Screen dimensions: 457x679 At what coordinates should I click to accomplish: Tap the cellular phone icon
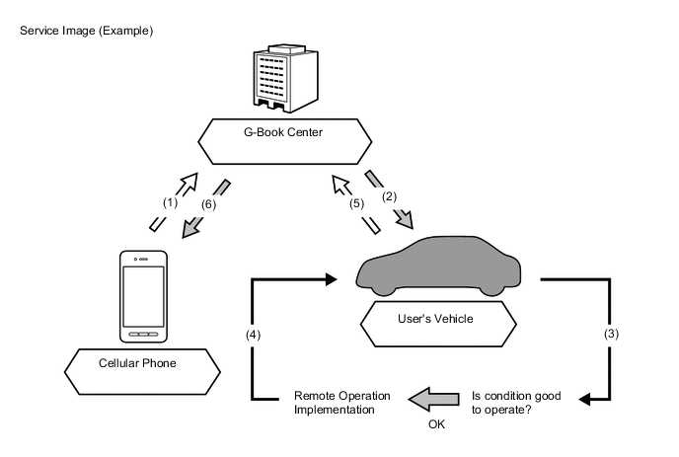[145, 295]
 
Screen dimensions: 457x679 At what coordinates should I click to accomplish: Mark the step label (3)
[612, 333]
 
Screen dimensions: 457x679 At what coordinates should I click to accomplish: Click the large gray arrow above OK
[434, 399]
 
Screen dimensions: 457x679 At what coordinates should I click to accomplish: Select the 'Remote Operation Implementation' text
[341, 402]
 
